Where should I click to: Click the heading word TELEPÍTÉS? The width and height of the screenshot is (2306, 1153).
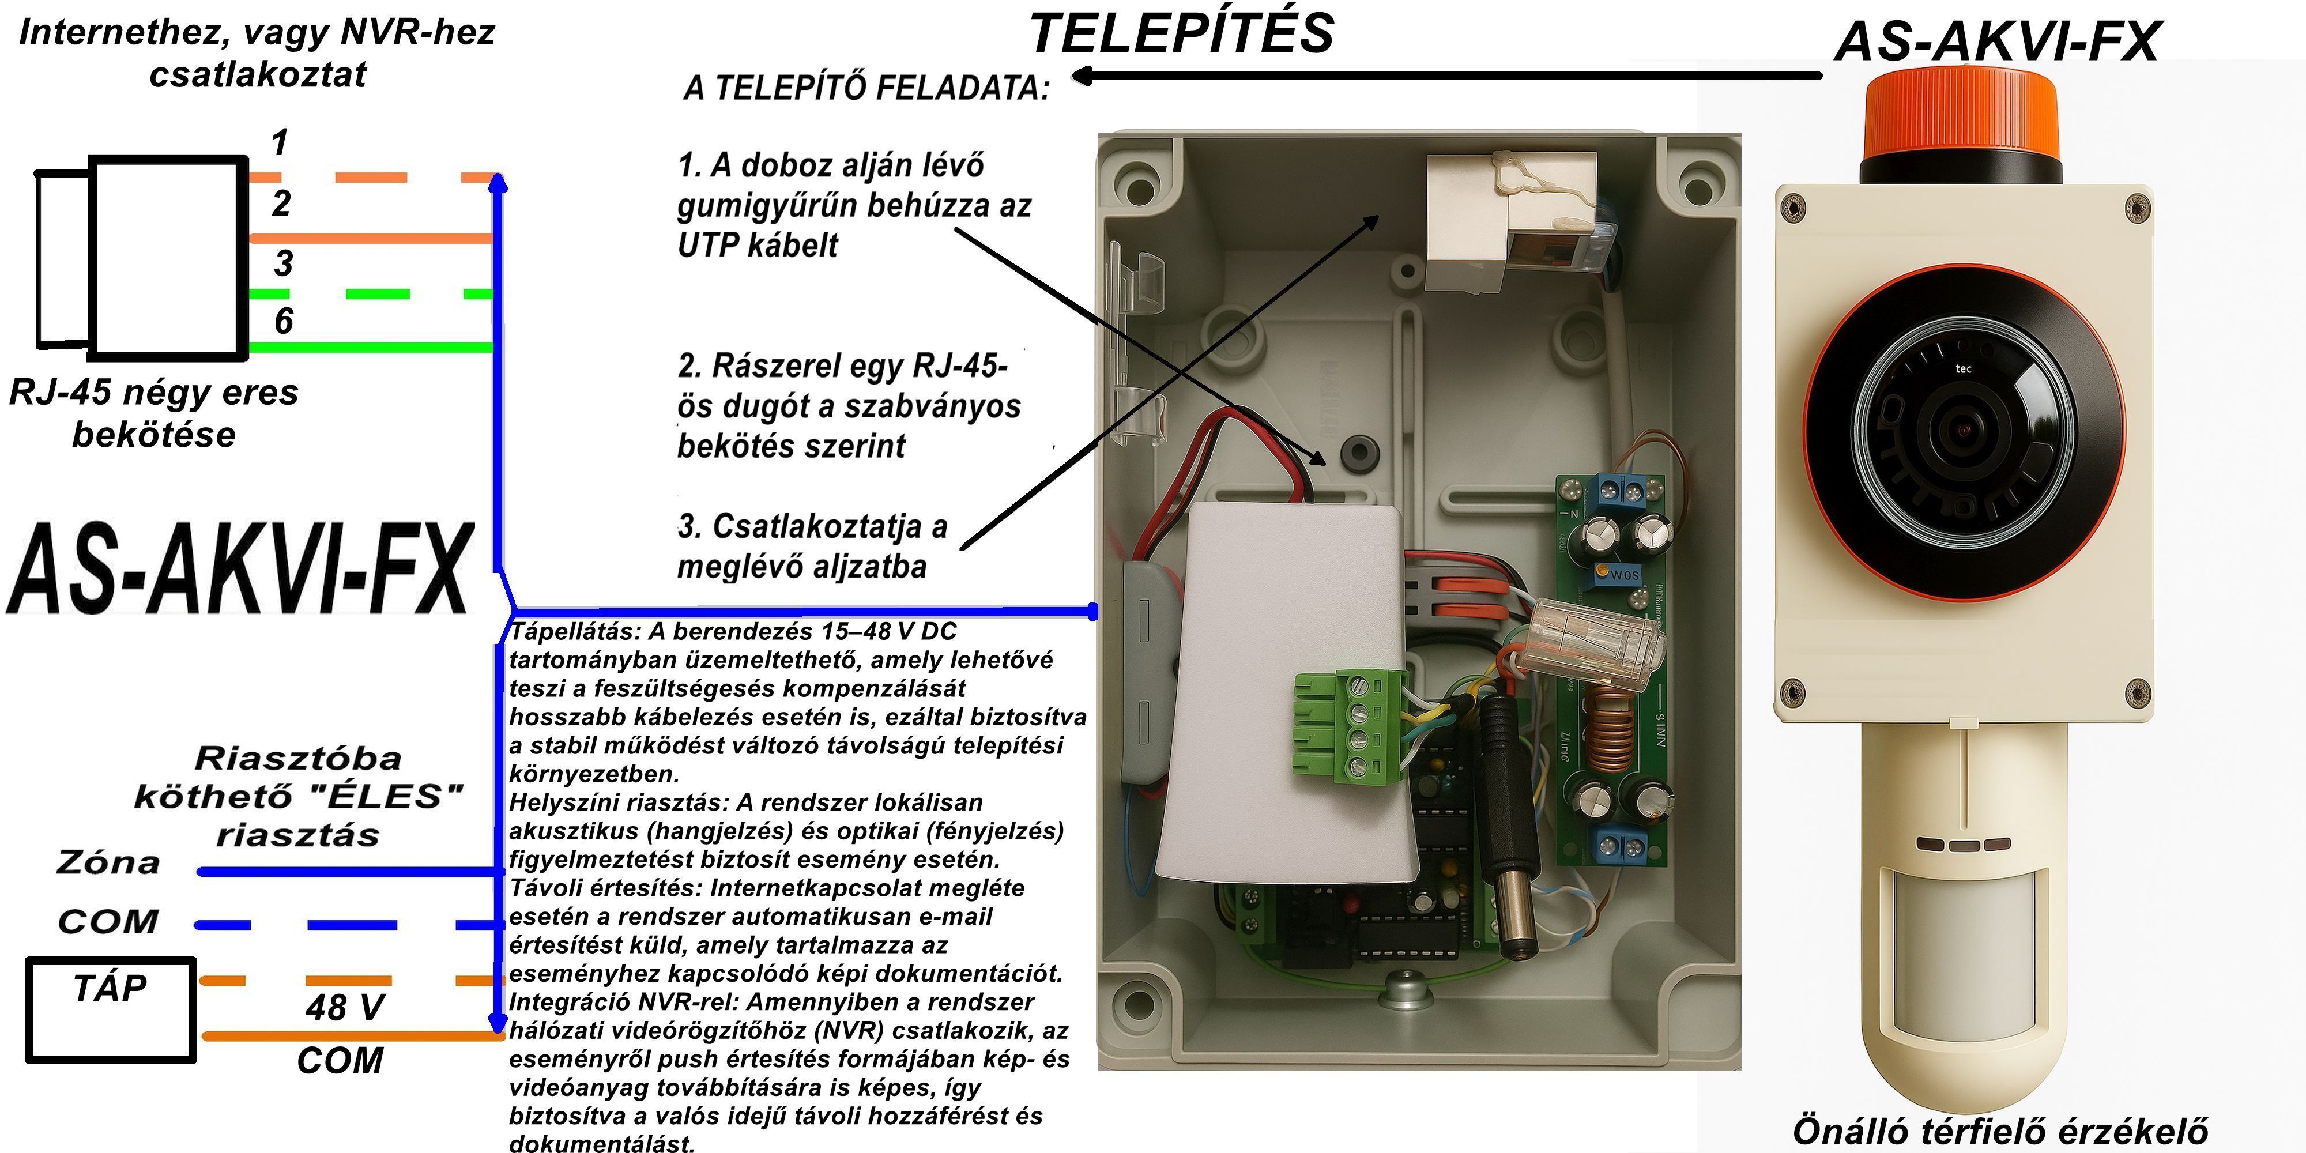point(1182,34)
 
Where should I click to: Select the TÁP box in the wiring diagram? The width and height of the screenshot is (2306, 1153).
point(110,1010)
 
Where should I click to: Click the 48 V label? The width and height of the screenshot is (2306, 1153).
point(345,1008)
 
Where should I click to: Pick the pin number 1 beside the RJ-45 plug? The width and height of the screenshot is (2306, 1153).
point(279,143)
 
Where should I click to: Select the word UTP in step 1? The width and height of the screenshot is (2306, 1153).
point(711,245)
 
